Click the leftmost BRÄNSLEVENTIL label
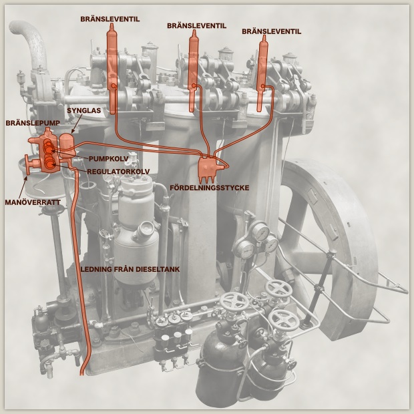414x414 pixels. click(x=110, y=19)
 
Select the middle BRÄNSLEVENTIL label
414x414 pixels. click(x=196, y=26)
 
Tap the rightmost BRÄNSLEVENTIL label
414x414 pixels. click(x=271, y=31)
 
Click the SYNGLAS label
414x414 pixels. click(x=83, y=110)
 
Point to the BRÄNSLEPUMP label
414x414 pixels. click(x=33, y=123)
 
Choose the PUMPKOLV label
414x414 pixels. click(x=109, y=159)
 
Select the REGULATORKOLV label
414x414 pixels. click(x=118, y=172)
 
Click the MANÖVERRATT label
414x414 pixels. click(x=33, y=202)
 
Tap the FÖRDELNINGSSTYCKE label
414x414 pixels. click(x=210, y=188)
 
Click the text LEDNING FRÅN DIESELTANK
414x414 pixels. click(x=130, y=269)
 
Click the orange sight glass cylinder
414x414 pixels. click(x=67, y=145)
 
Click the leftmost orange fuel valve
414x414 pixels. click(x=112, y=69)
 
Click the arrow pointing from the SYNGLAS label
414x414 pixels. click(x=75, y=124)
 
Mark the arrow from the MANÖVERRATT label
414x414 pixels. click(x=23, y=187)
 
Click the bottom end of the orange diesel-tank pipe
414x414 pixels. click(x=82, y=375)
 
